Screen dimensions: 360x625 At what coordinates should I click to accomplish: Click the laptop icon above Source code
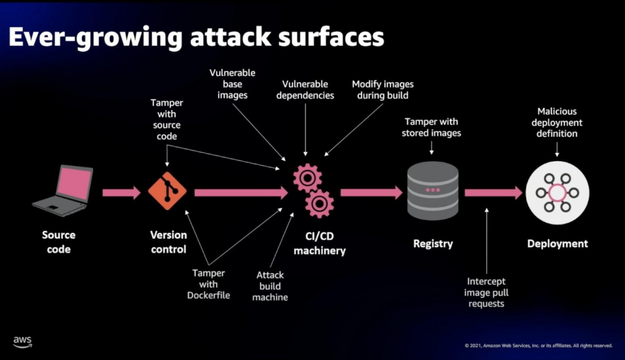[63, 190]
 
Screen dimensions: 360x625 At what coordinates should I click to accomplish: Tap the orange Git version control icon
[167, 191]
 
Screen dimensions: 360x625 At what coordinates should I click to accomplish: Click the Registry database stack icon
[432, 191]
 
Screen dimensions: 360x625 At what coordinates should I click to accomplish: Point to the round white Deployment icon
[557, 192]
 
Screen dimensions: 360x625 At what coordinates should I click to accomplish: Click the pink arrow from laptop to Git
[121, 193]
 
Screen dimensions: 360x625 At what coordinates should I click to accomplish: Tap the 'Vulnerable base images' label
[233, 84]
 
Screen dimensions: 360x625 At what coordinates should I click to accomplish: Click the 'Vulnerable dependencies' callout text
[305, 90]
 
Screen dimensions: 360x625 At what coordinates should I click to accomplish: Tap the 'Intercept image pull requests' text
[487, 292]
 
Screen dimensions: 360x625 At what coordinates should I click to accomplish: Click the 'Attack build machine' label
[270, 286]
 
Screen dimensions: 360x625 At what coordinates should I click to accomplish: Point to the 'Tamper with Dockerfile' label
[208, 284]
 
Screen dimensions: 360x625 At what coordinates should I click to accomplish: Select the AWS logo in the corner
[23, 341]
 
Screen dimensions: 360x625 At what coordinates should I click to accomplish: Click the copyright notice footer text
[538, 345]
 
